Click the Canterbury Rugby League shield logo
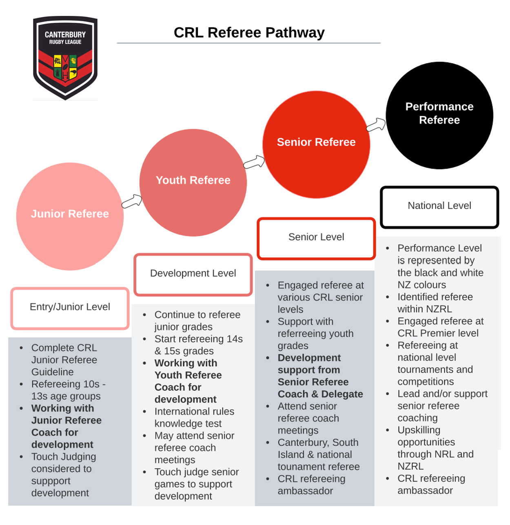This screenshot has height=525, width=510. (x=65, y=57)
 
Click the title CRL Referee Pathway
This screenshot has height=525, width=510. (x=249, y=33)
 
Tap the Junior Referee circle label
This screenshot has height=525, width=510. (x=70, y=214)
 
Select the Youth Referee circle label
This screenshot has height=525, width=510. (x=193, y=180)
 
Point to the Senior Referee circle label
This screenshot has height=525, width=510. (x=316, y=142)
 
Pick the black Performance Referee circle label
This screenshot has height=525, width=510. (x=439, y=113)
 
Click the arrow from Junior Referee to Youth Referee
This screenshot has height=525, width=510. (x=132, y=201)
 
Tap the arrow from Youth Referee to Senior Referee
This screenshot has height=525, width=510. (x=254, y=162)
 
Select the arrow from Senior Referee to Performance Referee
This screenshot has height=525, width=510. (x=376, y=125)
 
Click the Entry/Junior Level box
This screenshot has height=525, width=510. (x=70, y=307)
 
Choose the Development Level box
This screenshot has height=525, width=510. (x=193, y=274)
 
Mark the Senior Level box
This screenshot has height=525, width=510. (x=316, y=237)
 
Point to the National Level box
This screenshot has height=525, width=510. (x=439, y=206)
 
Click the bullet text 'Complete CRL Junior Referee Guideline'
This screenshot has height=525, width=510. (x=64, y=360)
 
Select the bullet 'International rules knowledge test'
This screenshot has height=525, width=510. (x=194, y=417)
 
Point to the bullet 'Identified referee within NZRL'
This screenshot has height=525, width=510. (x=435, y=303)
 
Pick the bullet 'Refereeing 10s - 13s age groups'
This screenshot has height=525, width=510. (x=68, y=390)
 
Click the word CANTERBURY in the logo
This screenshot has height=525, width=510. (x=65, y=35)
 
